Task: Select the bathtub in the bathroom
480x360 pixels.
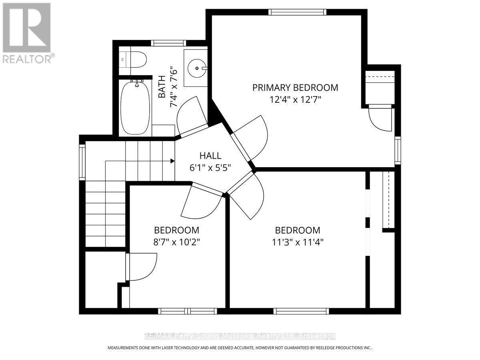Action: click(136, 108)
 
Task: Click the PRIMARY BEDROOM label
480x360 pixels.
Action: click(295, 88)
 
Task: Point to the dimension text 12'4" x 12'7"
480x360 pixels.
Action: click(295, 99)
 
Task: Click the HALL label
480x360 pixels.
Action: click(210, 156)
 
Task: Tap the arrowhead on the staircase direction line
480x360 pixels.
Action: click(172, 161)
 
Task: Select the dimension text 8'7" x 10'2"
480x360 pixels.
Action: click(176, 242)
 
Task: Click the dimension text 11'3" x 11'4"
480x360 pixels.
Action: click(297, 242)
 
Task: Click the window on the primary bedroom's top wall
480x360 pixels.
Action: click(297, 12)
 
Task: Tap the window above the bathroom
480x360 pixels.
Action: click(168, 43)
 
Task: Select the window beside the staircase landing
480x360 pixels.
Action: click(82, 162)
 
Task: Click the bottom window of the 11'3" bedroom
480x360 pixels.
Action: click(301, 311)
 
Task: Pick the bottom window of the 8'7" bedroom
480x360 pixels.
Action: click(187, 311)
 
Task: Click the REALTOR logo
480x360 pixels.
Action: click(27, 32)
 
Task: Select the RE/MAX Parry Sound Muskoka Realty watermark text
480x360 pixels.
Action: click(240, 336)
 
